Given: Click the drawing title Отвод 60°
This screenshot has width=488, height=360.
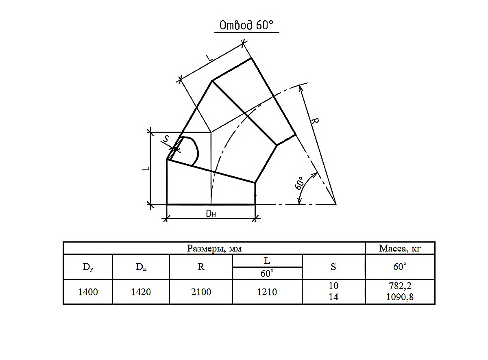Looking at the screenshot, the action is pyautogui.click(x=246, y=25).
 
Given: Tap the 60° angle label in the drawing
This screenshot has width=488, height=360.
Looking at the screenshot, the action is pyautogui.click(x=299, y=183).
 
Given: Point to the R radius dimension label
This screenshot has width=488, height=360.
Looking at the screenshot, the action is pyautogui.click(x=315, y=121).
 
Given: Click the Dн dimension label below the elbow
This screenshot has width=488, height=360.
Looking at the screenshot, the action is pyautogui.click(x=211, y=213).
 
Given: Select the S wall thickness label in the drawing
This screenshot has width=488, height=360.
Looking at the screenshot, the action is pyautogui.click(x=167, y=139).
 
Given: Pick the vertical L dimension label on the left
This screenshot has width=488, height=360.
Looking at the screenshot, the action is pyautogui.click(x=146, y=169).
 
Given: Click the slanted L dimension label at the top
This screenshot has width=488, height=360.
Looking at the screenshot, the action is pyautogui.click(x=209, y=58).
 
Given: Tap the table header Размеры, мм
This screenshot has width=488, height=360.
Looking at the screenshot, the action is pyautogui.click(x=214, y=249).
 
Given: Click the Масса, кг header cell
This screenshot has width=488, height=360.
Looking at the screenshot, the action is pyautogui.click(x=400, y=249).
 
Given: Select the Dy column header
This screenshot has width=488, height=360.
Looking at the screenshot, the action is pyautogui.click(x=88, y=267).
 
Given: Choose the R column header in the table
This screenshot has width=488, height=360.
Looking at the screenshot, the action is pyautogui.click(x=201, y=267).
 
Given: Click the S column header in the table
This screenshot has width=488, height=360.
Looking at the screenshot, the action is pyautogui.click(x=333, y=267).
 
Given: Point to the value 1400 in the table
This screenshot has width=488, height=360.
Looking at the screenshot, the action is pyautogui.click(x=88, y=292).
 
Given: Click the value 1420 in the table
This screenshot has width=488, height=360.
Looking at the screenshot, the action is pyautogui.click(x=141, y=292).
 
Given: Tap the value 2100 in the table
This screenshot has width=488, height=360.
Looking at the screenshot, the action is pyautogui.click(x=201, y=292).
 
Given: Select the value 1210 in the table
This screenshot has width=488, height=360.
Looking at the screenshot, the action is pyautogui.click(x=267, y=292).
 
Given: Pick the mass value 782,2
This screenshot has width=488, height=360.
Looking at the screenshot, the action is pyautogui.click(x=400, y=286).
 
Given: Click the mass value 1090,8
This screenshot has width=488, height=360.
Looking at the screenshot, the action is pyautogui.click(x=400, y=297).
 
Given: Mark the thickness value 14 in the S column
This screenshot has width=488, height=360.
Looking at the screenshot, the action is pyautogui.click(x=333, y=297).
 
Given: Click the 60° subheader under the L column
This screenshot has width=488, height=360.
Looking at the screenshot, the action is pyautogui.click(x=267, y=273).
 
